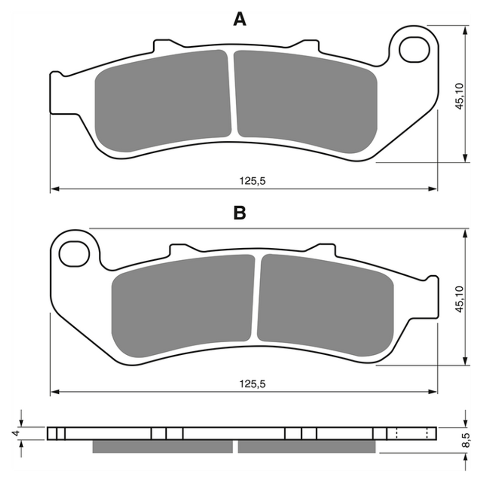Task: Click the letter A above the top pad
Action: (x=240, y=20)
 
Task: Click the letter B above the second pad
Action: (x=240, y=213)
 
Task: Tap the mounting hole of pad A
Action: (x=415, y=50)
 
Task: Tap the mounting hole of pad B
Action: (x=74, y=254)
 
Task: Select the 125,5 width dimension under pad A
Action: (x=253, y=181)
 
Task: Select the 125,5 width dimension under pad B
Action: (x=253, y=384)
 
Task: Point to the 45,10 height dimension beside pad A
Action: (x=459, y=96)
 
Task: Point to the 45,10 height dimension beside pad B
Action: (x=459, y=299)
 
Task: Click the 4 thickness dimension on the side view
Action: (x=17, y=433)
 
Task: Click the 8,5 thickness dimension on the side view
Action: (x=466, y=440)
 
